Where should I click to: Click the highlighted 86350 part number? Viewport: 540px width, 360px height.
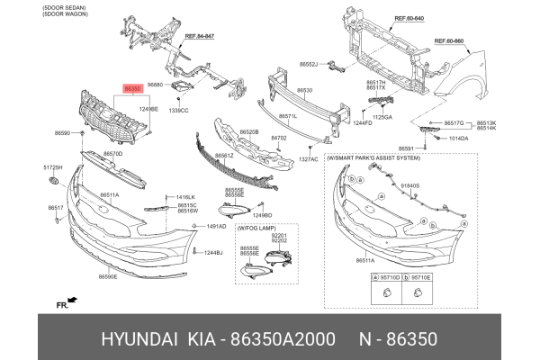click(x=132, y=89)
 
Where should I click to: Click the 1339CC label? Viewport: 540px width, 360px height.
click(x=178, y=110)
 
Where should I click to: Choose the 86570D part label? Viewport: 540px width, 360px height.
click(x=112, y=154)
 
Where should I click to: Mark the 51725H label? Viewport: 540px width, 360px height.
click(x=54, y=167)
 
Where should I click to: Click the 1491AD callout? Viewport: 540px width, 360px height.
click(x=216, y=227)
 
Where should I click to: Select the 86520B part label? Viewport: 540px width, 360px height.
click(x=248, y=131)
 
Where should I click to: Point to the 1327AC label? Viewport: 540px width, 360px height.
click(x=309, y=158)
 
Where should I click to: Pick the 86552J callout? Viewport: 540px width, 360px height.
click(x=309, y=65)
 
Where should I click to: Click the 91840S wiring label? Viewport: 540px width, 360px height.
click(x=409, y=185)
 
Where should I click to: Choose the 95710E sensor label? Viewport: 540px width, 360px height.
click(x=420, y=278)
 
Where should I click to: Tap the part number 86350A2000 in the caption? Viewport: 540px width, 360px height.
click(x=288, y=341)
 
